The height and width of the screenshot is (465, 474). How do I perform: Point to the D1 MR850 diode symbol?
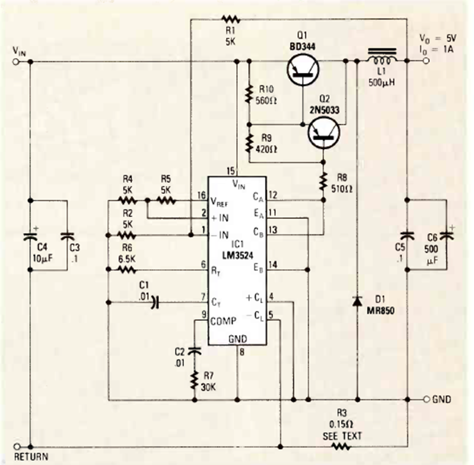click(357, 301)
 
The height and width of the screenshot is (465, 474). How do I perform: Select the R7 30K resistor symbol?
click(194, 380)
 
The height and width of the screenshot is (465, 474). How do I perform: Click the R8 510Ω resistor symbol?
click(323, 178)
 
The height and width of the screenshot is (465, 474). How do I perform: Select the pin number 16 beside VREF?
click(202, 195)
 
